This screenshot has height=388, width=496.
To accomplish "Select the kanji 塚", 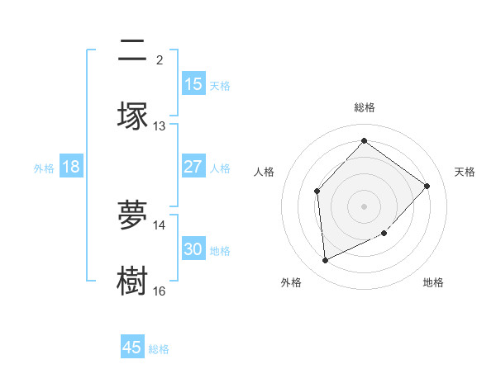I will click(x=133, y=116).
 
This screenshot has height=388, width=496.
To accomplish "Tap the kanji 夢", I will click(x=133, y=216).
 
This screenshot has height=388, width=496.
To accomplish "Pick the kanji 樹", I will click(x=133, y=282).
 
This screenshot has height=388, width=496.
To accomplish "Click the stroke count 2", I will click(x=160, y=60).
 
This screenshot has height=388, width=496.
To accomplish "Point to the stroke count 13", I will click(x=160, y=126).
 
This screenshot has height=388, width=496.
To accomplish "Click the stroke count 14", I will click(x=160, y=225).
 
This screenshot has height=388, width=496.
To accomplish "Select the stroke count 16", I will click(x=160, y=291).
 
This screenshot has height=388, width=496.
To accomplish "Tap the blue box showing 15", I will click(x=193, y=84).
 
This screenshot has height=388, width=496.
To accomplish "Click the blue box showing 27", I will click(x=193, y=167).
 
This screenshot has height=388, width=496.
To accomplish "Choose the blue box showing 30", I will click(x=193, y=249).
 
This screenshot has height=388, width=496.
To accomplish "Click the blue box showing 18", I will click(x=71, y=167).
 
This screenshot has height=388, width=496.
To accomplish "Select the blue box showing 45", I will click(x=132, y=348).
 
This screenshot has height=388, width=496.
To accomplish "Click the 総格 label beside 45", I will click(x=159, y=349).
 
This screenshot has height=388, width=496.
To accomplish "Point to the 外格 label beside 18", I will click(x=44, y=168).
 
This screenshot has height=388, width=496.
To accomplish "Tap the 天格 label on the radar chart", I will click(x=465, y=172).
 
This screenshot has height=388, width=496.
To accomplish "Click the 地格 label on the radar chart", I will click(x=433, y=282).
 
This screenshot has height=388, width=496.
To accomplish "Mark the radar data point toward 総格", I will click(x=364, y=141).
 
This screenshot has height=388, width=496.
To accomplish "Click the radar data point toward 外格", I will click(x=325, y=261).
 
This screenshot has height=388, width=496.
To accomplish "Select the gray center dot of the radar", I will click(x=364, y=206).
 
